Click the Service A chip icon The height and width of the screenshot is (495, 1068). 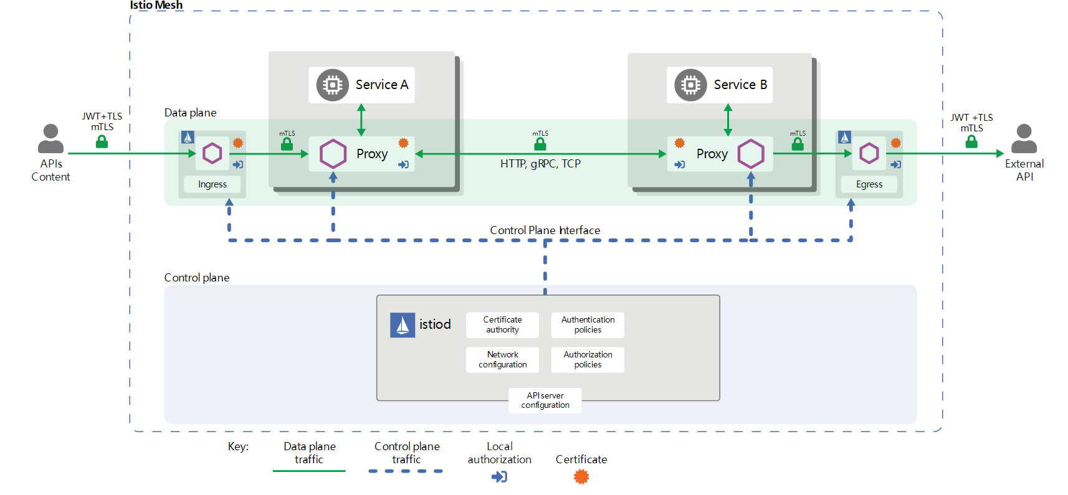[332, 85]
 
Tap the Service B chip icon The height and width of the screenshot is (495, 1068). [690, 85]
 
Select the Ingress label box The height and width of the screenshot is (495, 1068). [212, 184]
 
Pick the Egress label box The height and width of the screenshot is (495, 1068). [869, 184]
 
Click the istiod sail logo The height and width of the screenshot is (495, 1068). [403, 325]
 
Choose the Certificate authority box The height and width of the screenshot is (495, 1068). [502, 325]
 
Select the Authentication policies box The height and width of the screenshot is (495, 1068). [588, 325]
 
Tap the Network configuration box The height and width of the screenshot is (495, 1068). [502, 360]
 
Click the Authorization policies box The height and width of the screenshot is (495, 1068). [588, 360]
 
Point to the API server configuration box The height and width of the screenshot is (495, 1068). [545, 400]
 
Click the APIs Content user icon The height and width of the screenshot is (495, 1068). [50, 139]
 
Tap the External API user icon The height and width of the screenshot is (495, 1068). [1024, 139]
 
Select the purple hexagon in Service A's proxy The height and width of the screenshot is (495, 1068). [333, 154]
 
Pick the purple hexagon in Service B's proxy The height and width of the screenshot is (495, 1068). [751, 154]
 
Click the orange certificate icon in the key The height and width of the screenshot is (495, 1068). [581, 477]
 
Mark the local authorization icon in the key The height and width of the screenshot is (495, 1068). [499, 477]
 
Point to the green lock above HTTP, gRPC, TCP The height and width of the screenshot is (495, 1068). [540, 143]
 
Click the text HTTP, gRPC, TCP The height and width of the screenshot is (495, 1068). [540, 164]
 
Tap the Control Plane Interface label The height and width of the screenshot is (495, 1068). [545, 230]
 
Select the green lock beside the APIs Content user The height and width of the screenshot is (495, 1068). [102, 141]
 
